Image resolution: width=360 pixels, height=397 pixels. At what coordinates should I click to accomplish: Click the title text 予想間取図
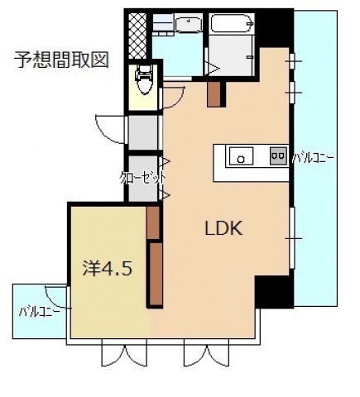62,60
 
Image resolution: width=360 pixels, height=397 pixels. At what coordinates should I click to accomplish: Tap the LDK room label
223,229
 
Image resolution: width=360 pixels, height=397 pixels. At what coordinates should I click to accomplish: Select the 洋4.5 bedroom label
108,269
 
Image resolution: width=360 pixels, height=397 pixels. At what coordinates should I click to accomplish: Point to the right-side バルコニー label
313,156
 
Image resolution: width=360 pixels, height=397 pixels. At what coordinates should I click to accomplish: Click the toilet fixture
146,80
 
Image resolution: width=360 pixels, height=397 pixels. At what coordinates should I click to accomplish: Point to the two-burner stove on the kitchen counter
276,155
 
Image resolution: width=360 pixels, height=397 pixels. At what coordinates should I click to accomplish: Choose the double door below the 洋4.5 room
123,352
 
